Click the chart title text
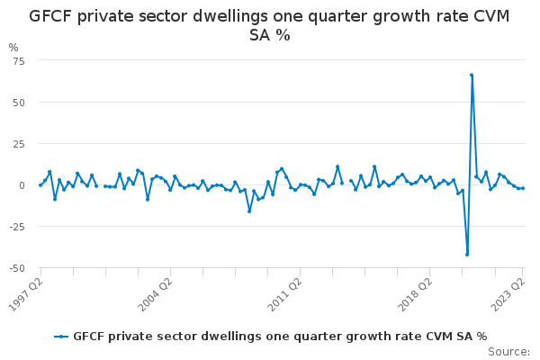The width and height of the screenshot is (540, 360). pos(270,25)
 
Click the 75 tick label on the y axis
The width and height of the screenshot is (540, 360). pos(19,60)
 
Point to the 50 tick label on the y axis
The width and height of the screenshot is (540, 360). pos(19,102)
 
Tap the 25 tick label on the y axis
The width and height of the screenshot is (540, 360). pos(19,143)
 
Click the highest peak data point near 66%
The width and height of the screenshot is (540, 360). pos(472,76)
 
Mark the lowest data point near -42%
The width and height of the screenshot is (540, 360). pos(467,254)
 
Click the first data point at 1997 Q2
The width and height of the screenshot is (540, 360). pos(40,184)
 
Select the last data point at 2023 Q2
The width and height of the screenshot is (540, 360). pos(523,188)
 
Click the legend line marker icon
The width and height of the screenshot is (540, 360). pos(61,337)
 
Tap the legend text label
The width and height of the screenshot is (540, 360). pos(280,337)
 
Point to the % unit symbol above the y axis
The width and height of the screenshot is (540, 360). pos(13,48)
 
